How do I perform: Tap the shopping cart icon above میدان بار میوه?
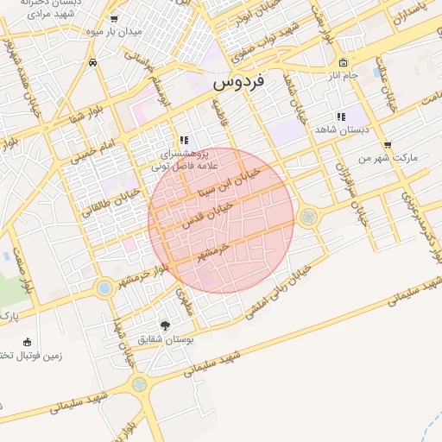[x=114, y=19]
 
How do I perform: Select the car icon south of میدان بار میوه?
[x=92, y=63]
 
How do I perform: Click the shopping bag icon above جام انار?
[x=343, y=62]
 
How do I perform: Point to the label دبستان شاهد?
[x=342, y=129]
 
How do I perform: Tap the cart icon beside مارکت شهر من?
[x=387, y=144]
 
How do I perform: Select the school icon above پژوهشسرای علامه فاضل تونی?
[x=183, y=140]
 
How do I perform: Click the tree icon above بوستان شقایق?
[x=165, y=325]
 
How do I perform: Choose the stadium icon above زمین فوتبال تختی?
[x=28, y=342]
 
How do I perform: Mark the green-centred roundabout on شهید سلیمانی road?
[x=138, y=384]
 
